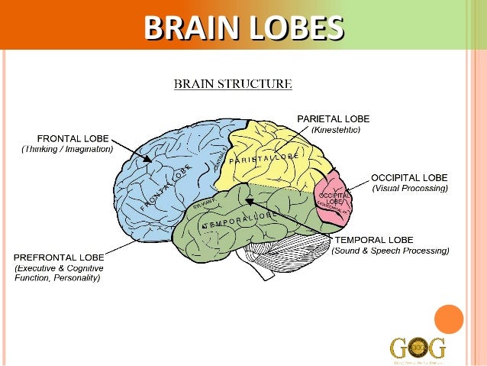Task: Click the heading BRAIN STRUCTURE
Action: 233,83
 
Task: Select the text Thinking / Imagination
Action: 67,149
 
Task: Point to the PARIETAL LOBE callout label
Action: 333,118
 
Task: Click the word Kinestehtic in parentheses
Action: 336,130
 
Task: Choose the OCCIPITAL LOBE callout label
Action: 409,177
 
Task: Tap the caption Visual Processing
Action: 410,188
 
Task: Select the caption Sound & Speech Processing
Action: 390,251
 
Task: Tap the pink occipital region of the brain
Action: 333,200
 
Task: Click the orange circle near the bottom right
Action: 449,319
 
